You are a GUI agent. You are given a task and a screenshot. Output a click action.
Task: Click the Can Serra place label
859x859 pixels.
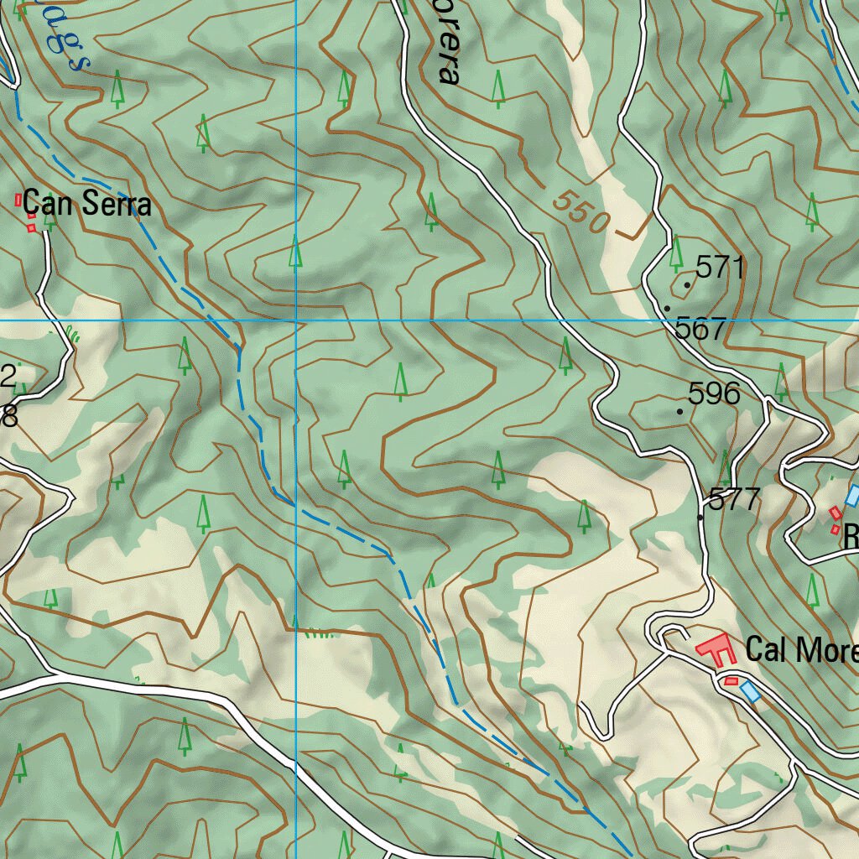tap(86, 204)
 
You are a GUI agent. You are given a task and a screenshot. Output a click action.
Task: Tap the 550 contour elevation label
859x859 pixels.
tap(580, 212)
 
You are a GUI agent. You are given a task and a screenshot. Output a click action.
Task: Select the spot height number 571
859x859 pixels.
tap(721, 268)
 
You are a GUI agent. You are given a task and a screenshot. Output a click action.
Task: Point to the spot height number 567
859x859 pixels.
tap(700, 329)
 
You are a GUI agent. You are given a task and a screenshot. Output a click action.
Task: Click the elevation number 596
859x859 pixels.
tap(714, 393)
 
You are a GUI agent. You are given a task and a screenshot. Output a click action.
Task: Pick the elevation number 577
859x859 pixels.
tap(734, 500)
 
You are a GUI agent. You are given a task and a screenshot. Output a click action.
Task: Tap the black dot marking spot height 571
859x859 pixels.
tap(687, 285)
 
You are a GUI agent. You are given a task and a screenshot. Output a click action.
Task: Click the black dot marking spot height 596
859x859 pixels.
tap(679, 412)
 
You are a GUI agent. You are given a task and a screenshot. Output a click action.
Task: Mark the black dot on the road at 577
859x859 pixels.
tap(701, 518)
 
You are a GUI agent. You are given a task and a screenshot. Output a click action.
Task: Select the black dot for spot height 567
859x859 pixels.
tap(666, 309)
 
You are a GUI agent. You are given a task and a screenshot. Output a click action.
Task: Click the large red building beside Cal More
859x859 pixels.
tap(715, 650)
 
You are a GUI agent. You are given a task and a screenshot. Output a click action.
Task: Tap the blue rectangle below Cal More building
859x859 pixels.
tap(749, 690)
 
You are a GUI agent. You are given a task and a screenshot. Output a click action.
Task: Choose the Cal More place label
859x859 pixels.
tap(801, 649)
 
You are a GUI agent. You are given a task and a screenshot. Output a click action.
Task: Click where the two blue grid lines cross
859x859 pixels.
tap(296, 320)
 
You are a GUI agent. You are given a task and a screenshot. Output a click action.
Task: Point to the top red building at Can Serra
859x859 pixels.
tap(18, 200)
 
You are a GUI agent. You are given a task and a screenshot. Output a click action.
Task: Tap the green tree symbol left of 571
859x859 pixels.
tap(676, 253)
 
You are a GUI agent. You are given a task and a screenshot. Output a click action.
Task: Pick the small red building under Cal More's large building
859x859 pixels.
tap(731, 680)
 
